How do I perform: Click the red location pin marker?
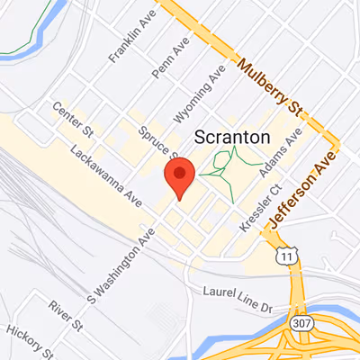180,177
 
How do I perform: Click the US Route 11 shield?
287,256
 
